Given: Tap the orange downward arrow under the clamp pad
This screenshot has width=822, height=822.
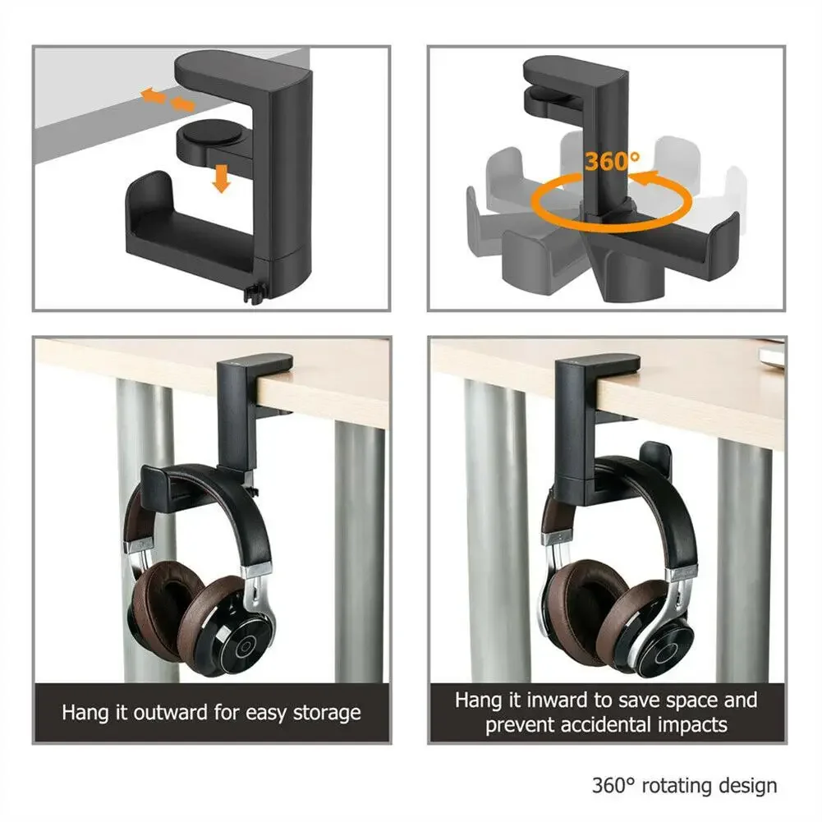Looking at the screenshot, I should (x=219, y=177).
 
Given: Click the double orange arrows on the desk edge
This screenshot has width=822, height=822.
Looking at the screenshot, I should (x=168, y=101).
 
